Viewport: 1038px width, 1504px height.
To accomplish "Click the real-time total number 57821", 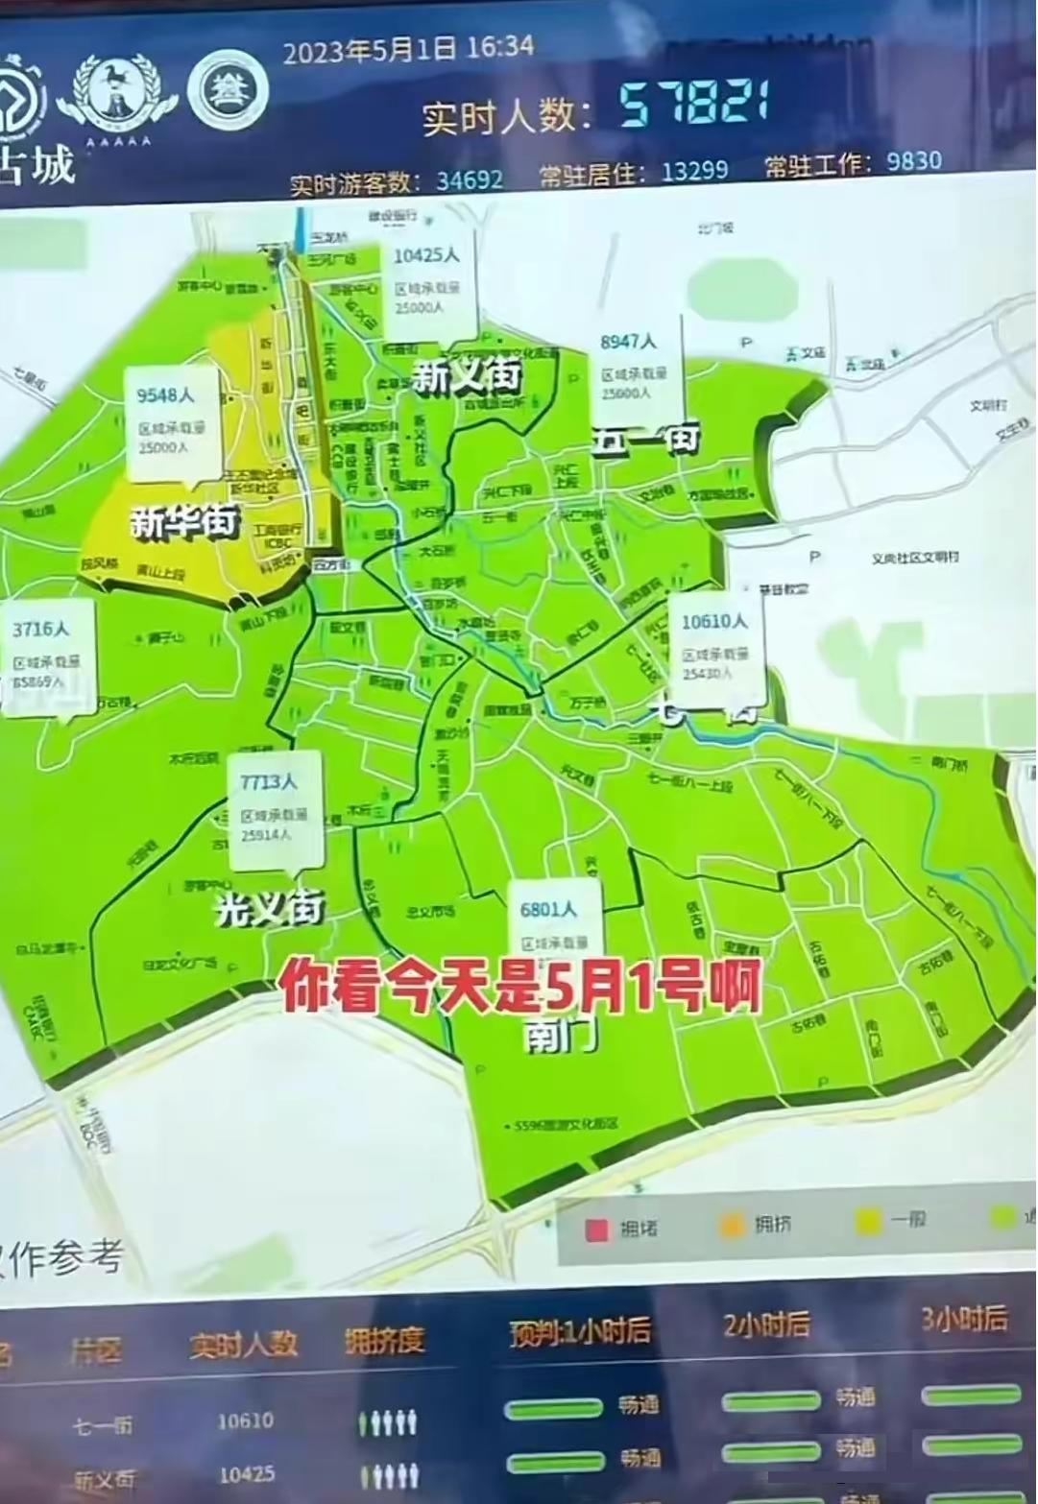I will click(x=692, y=103).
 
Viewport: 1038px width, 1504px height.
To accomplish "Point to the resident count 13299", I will click(x=694, y=171).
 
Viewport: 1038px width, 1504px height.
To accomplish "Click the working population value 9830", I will click(x=913, y=160).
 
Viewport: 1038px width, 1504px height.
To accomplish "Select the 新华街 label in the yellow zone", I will click(x=183, y=522).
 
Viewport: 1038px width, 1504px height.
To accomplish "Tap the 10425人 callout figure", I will click(x=426, y=255).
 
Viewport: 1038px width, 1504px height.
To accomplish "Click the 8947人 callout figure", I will click(x=628, y=342).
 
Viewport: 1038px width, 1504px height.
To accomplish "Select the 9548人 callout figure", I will click(x=165, y=395).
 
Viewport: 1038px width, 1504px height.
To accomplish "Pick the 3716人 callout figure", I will click(x=40, y=630).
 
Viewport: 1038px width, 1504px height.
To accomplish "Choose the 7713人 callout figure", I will click(x=269, y=782).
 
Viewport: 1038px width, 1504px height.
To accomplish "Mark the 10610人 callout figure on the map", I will click(x=713, y=622).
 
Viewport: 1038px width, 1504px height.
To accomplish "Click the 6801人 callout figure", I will click(x=548, y=909).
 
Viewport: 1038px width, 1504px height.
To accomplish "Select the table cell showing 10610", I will click(x=245, y=1420).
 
